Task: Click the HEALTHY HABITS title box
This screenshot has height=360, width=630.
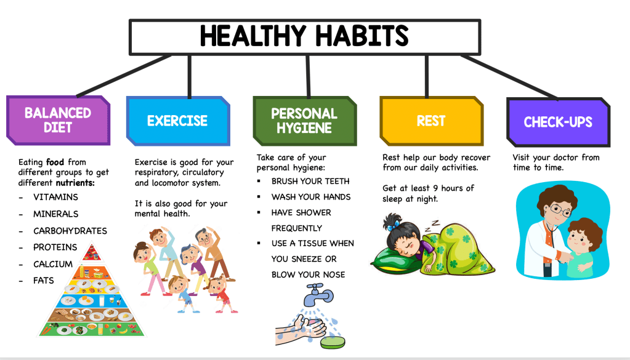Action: pyautogui.click(x=305, y=36)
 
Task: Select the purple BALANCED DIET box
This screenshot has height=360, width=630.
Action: pyautogui.click(x=59, y=120)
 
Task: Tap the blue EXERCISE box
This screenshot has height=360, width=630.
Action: pyautogui.click(x=178, y=121)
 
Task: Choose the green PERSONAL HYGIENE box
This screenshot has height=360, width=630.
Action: pyautogui.click(x=305, y=121)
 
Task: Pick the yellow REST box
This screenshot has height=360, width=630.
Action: pyautogui.click(x=431, y=121)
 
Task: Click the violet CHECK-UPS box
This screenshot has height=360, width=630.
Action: pyautogui.click(x=558, y=122)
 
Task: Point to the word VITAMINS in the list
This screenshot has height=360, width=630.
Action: pyautogui.click(x=55, y=197)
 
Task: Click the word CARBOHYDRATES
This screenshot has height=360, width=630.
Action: pyautogui.click(x=70, y=231)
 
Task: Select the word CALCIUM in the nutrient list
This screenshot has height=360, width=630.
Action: pyautogui.click(x=52, y=264)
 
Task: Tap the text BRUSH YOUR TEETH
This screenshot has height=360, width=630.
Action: pyautogui.click(x=310, y=182)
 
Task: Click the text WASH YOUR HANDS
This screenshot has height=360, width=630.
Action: pyautogui.click(x=310, y=197)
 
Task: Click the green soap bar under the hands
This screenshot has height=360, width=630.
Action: pyautogui.click(x=333, y=342)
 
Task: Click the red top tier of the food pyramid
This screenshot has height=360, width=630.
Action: pyautogui.click(x=92, y=252)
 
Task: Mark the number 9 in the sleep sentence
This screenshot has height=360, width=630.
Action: pyautogui.click(x=435, y=188)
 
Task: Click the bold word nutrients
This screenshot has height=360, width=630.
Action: pyautogui.click(x=75, y=183)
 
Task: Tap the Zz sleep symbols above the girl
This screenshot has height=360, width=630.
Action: pyautogui.click(x=433, y=226)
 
